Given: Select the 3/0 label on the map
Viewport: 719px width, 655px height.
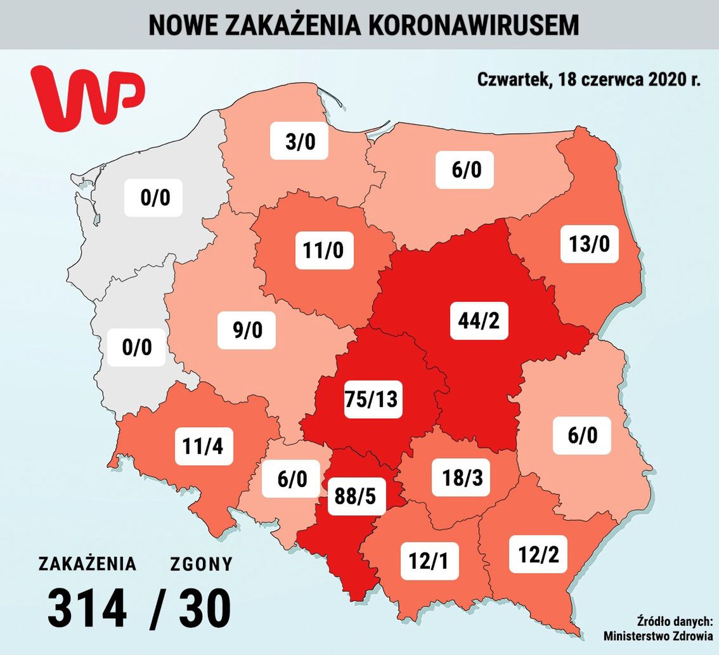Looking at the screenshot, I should coord(299,141).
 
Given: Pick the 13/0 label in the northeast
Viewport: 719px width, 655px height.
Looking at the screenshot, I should coord(589,243).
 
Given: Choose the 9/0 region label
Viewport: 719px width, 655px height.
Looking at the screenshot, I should coord(247,330).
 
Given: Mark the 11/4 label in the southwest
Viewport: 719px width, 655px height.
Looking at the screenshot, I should coord(203,444).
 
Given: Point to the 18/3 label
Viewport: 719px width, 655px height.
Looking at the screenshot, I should coord(461,477).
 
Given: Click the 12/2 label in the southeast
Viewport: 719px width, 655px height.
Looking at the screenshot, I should coord(538,554).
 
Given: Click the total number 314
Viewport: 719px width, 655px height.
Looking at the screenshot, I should coord(87,609).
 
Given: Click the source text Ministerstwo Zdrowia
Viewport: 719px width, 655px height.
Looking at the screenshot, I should coord(657,636).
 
